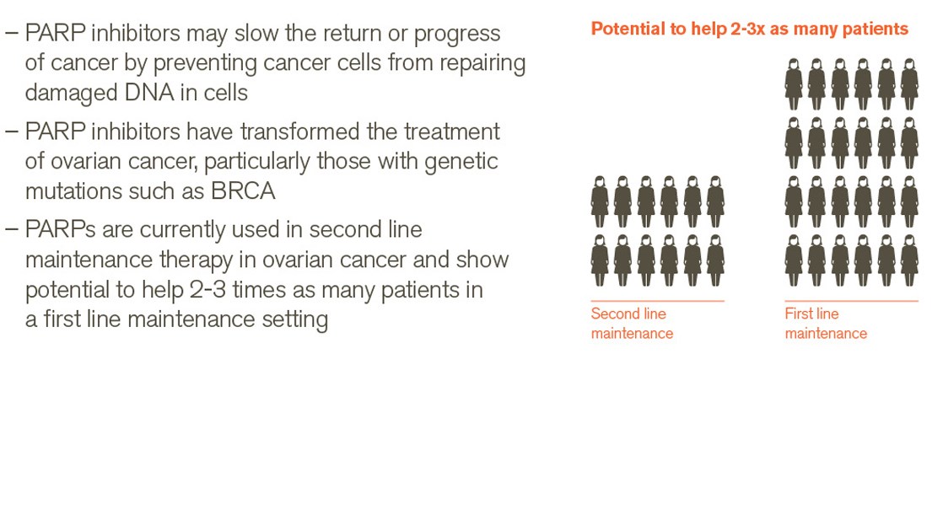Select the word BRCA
243,191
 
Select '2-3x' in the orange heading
747,29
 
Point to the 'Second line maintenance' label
632,323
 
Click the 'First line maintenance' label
826,323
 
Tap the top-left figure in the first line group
794,84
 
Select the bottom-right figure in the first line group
909,260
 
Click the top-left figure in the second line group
600,201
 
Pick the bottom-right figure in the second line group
715,260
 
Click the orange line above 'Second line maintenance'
657,300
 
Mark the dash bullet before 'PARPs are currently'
12,229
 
